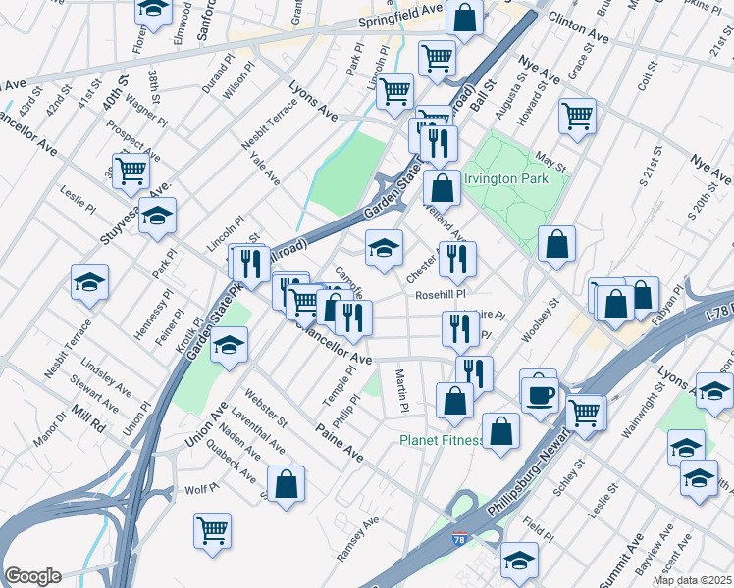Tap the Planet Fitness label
point(441,440)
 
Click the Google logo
point(31,576)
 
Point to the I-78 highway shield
point(459,538)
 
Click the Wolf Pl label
point(200,488)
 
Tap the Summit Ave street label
point(635,554)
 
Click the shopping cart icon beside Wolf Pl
point(212,530)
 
